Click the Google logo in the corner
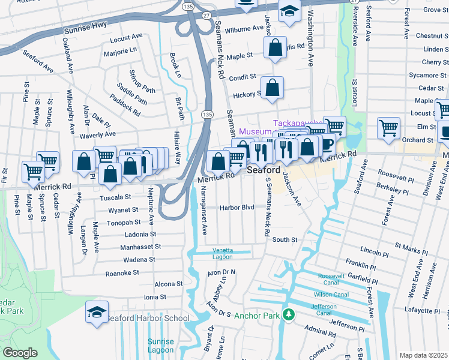pos(19,353)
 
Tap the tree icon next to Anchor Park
pos(289,314)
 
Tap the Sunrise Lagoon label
pos(160,346)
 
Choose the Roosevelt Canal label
pos(332,279)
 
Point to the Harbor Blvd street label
pos(237,208)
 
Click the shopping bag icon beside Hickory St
pos(272,88)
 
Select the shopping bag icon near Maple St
pos(275,49)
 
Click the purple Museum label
pos(255,131)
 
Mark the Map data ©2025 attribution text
pos(423,355)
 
